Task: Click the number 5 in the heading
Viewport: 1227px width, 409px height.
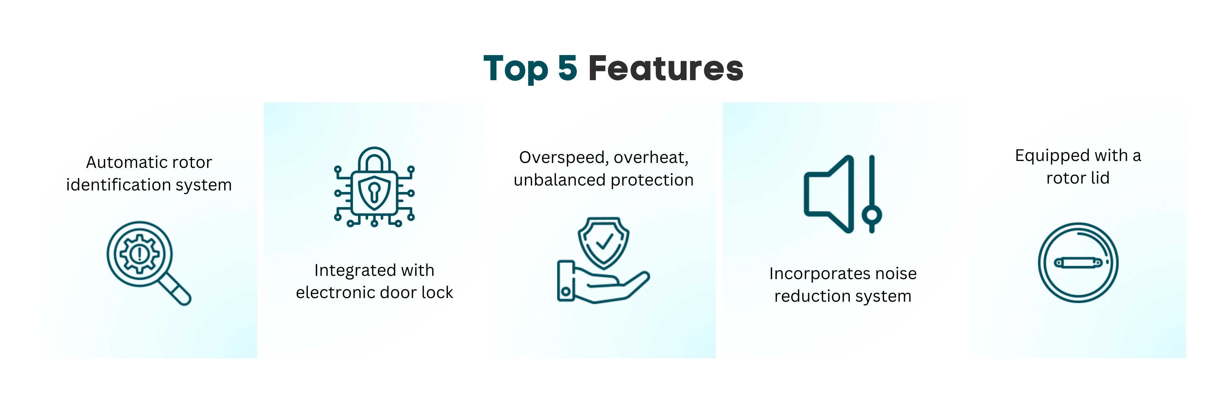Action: coord(567,68)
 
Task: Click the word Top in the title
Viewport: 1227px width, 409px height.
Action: coord(516,69)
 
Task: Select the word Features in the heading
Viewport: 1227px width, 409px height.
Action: coord(666,68)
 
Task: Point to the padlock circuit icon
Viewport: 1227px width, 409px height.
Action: coord(374,187)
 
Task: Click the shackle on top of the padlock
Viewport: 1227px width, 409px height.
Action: coord(374,159)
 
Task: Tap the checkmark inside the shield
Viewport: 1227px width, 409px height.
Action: coord(604,241)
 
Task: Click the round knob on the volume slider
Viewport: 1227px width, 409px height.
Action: coord(872,215)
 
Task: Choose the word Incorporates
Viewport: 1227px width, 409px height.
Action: coord(813,274)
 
